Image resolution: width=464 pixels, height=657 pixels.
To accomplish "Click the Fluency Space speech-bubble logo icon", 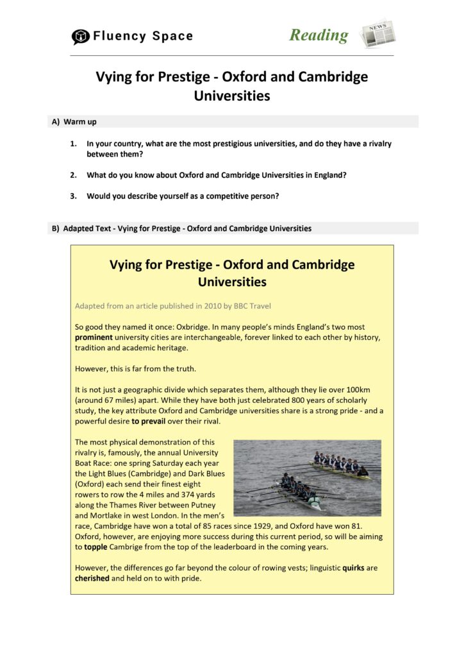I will click(x=80, y=37).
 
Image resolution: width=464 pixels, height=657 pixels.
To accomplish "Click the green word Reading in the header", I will click(x=319, y=35).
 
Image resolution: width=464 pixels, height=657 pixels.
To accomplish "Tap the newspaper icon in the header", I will click(x=377, y=34).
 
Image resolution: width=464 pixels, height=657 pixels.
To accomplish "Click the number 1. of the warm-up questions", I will click(x=74, y=144).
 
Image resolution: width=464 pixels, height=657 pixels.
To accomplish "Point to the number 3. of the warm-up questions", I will click(x=74, y=196).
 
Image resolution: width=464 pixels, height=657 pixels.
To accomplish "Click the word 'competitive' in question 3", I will click(x=222, y=196).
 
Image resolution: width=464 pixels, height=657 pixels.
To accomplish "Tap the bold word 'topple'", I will click(x=97, y=547).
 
